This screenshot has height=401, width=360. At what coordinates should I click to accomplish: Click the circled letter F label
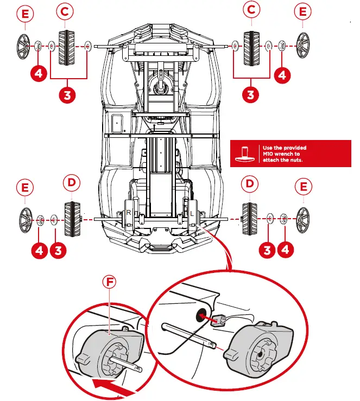pos(110,283)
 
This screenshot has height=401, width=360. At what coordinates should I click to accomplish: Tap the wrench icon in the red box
pos(245,154)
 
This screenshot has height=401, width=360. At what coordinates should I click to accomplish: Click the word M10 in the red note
pos(270,154)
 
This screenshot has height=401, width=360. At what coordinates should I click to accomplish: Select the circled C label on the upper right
pos(251,10)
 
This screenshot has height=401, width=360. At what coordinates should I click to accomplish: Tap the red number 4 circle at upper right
pos(282,75)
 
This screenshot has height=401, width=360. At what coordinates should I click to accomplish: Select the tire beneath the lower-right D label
pos(250,218)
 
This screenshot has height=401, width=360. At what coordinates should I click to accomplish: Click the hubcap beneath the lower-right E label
pos(304,219)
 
